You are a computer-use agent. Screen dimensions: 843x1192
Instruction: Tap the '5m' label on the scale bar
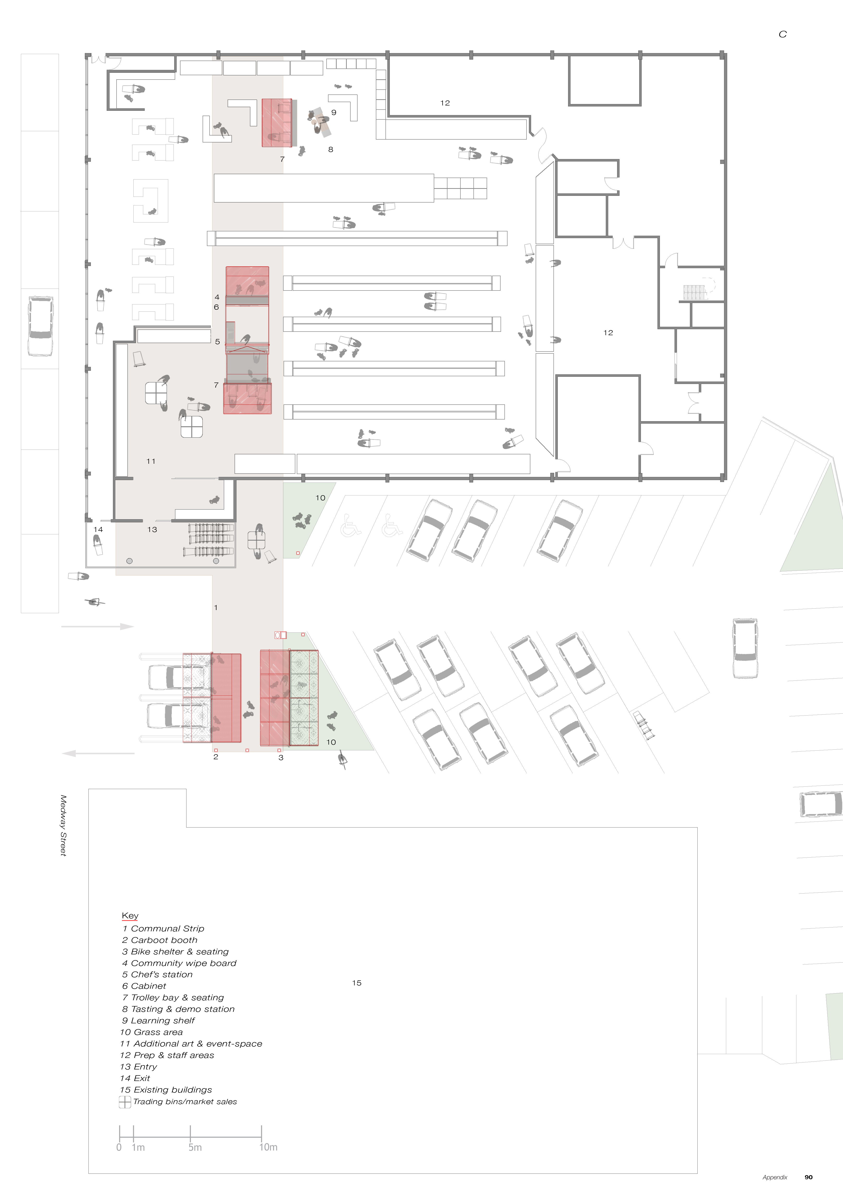[x=195, y=1147]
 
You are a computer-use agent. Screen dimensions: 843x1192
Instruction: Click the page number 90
[x=808, y=1177]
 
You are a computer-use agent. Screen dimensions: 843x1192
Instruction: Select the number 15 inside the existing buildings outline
[x=357, y=983]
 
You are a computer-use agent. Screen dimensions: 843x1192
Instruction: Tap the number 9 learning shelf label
[x=334, y=112]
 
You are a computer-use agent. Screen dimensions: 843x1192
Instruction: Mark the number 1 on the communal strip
[x=216, y=607]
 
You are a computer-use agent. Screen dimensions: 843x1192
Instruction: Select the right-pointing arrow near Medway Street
[x=98, y=627]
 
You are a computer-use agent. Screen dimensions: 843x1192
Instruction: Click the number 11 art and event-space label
[x=151, y=461]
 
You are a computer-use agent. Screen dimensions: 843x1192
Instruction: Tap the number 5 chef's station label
[x=217, y=342]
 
